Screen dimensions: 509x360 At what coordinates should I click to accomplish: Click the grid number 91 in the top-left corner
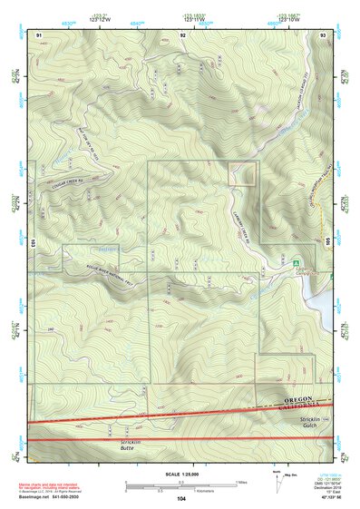tap(39, 34)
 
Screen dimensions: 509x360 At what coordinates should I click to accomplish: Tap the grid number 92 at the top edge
tap(182, 34)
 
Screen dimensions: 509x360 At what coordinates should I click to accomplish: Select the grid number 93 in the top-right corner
tap(324, 34)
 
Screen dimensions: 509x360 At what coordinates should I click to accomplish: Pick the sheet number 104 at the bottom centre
tap(181, 499)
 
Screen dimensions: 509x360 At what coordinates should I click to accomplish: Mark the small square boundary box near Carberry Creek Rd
tap(242, 175)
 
